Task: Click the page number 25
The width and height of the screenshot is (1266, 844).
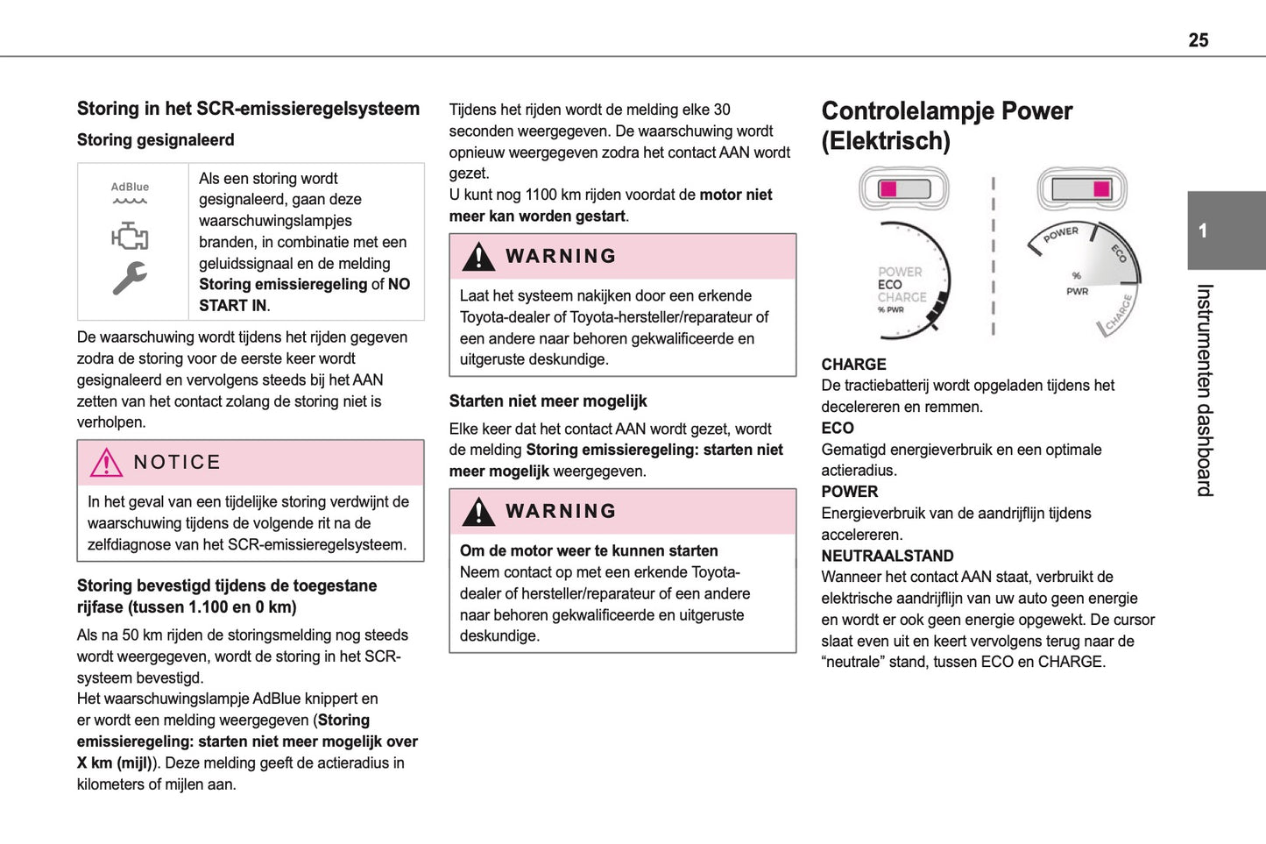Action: (x=1198, y=40)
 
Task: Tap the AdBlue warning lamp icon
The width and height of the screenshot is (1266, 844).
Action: (x=130, y=193)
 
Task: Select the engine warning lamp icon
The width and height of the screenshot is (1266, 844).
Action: (x=130, y=236)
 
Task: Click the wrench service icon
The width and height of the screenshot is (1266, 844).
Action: (x=130, y=278)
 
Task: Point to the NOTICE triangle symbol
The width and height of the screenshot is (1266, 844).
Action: (x=106, y=463)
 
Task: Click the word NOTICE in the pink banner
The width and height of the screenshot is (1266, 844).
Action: (x=177, y=463)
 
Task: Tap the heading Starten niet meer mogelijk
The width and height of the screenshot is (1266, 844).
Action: (x=548, y=401)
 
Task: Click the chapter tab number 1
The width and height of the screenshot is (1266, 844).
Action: (x=1203, y=231)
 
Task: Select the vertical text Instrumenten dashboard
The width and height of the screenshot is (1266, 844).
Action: (x=1205, y=390)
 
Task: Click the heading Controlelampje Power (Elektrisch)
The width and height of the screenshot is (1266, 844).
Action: (x=946, y=125)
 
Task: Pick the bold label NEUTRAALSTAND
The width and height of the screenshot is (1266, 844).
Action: (x=887, y=556)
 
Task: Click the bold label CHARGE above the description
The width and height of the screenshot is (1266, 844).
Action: (x=853, y=365)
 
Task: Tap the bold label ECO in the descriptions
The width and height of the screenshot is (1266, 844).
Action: (x=838, y=429)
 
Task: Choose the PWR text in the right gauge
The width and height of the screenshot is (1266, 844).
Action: (x=1077, y=292)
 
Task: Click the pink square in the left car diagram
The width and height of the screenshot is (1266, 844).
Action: (x=888, y=189)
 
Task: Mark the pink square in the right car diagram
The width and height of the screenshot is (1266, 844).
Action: (x=1101, y=189)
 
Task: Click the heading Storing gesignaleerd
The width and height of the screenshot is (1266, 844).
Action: (x=155, y=140)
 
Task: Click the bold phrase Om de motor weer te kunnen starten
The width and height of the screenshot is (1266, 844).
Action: (x=589, y=551)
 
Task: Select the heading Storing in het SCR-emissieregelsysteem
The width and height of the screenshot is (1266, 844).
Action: (x=248, y=109)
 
